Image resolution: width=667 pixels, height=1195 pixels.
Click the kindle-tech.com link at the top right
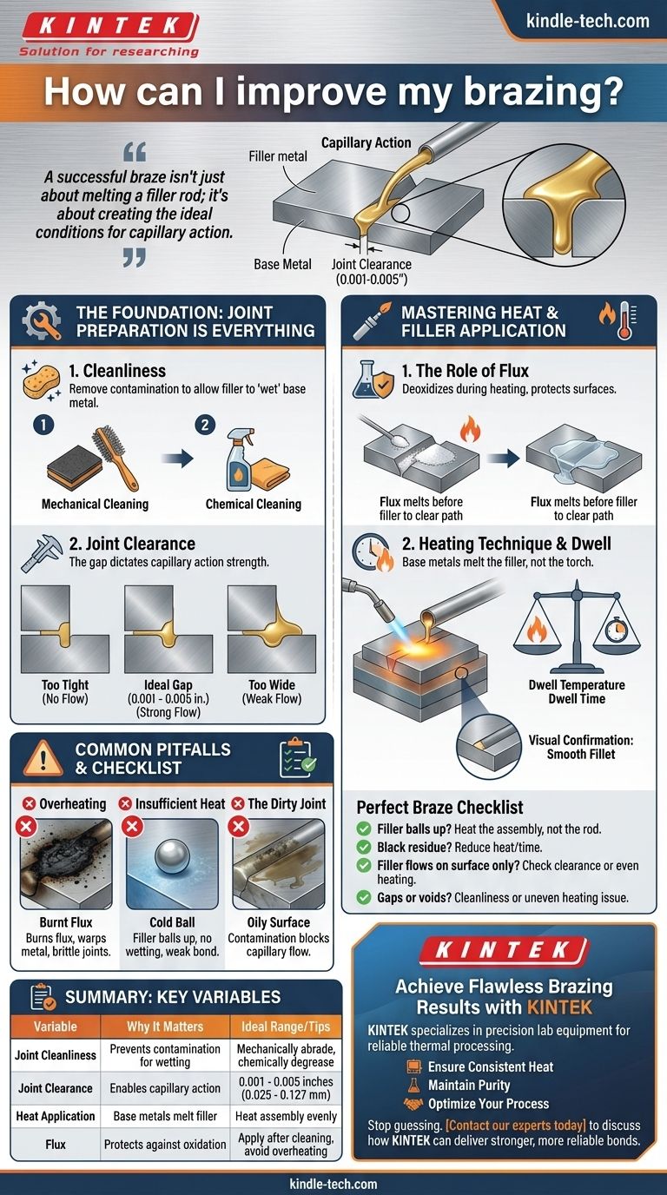pyautogui.click(x=587, y=21)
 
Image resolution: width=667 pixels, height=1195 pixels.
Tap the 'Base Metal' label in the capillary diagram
pyautogui.click(x=282, y=264)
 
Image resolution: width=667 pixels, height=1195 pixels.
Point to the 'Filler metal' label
pyautogui.click(x=277, y=156)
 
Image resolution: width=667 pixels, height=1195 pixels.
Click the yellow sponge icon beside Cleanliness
pyautogui.click(x=39, y=381)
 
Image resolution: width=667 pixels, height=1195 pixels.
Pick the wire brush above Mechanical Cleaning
pyautogui.click(x=114, y=457)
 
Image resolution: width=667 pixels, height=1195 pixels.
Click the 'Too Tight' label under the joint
pyautogui.click(x=65, y=685)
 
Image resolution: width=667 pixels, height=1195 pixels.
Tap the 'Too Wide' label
pyautogui.click(x=272, y=685)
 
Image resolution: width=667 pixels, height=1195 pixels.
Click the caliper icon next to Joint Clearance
pyautogui.click(x=41, y=552)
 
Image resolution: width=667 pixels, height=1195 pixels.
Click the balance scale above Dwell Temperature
pyautogui.click(x=577, y=627)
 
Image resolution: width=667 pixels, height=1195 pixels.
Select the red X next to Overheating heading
pyautogui.click(x=30, y=804)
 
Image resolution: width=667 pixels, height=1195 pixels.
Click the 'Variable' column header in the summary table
pyautogui.click(x=56, y=1027)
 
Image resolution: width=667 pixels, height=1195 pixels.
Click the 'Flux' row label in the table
pyautogui.click(x=56, y=1145)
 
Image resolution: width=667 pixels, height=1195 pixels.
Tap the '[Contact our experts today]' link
pyautogui.click(x=516, y=1126)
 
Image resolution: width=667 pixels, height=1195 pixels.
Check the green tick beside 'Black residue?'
pyautogui.click(x=364, y=847)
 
